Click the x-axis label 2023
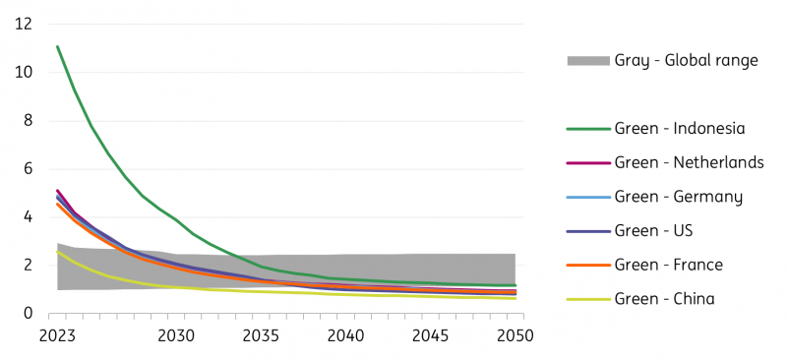pyautogui.click(x=58, y=335)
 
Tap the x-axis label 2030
pyautogui.click(x=175, y=335)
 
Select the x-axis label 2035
pyautogui.click(x=261, y=335)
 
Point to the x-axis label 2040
pyautogui.click(x=346, y=335)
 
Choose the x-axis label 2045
pyautogui.click(x=431, y=335)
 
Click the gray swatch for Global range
pyautogui.click(x=587, y=61)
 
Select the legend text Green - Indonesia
pyautogui.click(x=680, y=129)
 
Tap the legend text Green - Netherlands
pyautogui.click(x=689, y=162)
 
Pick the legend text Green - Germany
pyautogui.click(x=679, y=197)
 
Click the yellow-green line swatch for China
pyautogui.click(x=587, y=299)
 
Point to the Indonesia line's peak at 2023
pyautogui.click(x=58, y=46)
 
